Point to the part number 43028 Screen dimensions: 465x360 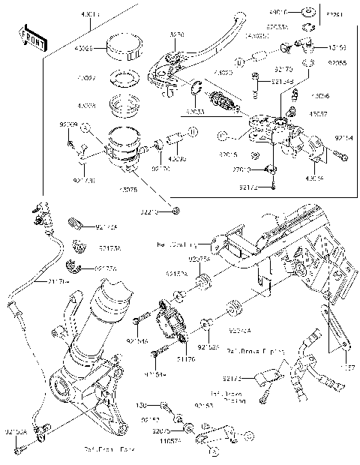pos(88,106)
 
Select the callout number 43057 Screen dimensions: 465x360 pos(319,112)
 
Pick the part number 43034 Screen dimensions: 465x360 pos(316,179)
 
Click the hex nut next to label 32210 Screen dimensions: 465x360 pos(175,210)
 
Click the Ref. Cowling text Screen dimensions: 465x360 pos(174,244)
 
